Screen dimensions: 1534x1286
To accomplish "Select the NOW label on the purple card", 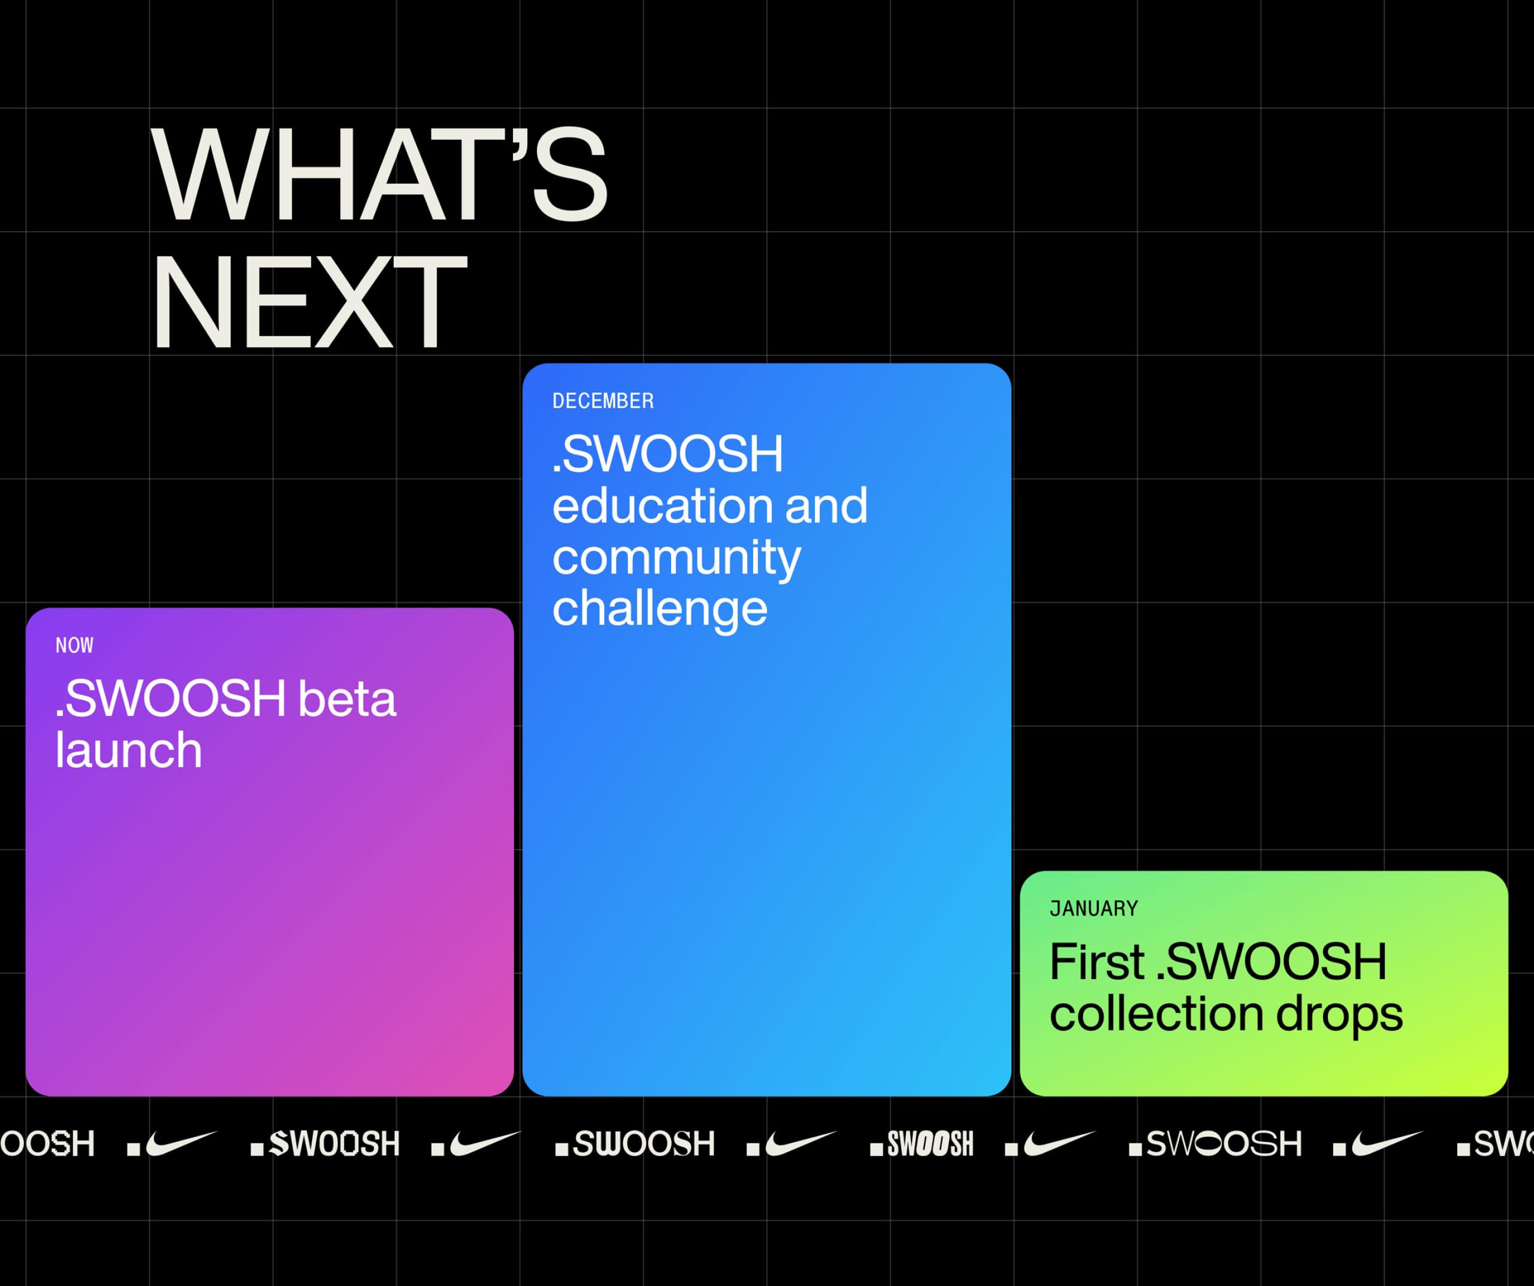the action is tap(75, 645).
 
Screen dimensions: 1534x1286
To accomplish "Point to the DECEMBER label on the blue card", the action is tap(602, 401).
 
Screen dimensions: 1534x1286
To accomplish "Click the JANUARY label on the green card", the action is tap(1094, 908).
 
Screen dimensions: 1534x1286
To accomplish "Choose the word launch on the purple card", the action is tap(128, 751).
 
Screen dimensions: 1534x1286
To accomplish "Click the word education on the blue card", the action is tap(662, 505).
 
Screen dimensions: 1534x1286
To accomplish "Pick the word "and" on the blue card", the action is tap(826, 505).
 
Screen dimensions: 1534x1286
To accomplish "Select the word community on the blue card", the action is tap(676, 559).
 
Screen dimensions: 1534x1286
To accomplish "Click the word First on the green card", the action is tap(1097, 962).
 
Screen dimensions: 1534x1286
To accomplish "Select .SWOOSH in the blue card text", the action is tap(667, 454).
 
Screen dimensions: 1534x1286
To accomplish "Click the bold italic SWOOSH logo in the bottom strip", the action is tap(922, 1144).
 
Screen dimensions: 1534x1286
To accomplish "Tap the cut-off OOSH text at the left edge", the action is tap(47, 1144).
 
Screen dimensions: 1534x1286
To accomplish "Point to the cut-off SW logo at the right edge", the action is tap(1495, 1144).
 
